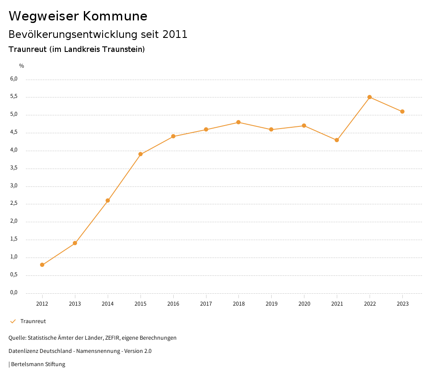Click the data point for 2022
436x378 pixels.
370,97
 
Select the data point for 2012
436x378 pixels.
42,265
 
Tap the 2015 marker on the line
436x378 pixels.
141,154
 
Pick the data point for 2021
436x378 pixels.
337,140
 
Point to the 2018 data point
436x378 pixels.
238,122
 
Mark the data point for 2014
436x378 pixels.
108,200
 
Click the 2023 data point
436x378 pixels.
402,112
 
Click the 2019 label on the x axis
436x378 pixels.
271,304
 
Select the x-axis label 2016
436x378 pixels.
173,304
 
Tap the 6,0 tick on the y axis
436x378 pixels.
14,79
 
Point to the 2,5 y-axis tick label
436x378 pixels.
14,203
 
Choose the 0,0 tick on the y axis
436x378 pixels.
14,292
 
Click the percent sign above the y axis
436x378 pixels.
22,66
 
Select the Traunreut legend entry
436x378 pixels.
33,321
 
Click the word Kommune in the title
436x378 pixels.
115,16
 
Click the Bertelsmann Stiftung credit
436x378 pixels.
37,364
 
